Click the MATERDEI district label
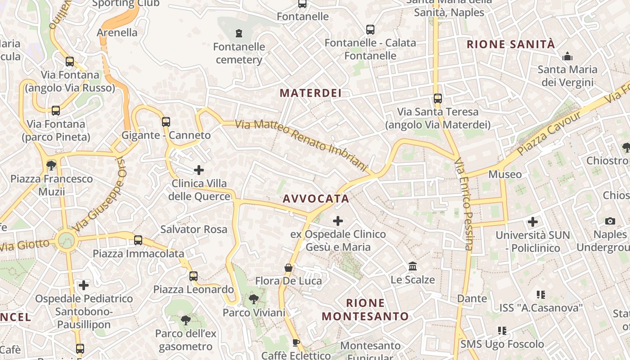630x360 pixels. [x=310, y=93]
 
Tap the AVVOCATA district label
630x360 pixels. [x=316, y=198]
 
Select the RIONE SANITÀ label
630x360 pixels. [x=511, y=44]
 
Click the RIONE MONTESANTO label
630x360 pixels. [x=365, y=309]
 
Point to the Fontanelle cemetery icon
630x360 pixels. [x=238, y=33]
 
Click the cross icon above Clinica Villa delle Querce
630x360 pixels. [x=198, y=170]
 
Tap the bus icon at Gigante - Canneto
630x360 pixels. [x=166, y=121]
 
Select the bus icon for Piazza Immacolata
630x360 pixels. [x=138, y=240]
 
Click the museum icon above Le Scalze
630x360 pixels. [x=413, y=266]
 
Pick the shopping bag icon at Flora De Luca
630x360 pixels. [x=288, y=268]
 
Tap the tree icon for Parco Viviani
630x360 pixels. [x=254, y=299]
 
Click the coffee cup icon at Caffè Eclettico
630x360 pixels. [x=296, y=342]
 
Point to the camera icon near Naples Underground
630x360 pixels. [x=610, y=221]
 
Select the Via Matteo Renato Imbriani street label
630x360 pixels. [x=301, y=145]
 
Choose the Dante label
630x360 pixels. [x=472, y=298]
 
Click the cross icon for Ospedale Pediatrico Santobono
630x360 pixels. [x=84, y=285]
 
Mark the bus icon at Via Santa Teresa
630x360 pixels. [x=437, y=98]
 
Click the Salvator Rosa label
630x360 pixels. [x=194, y=229]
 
